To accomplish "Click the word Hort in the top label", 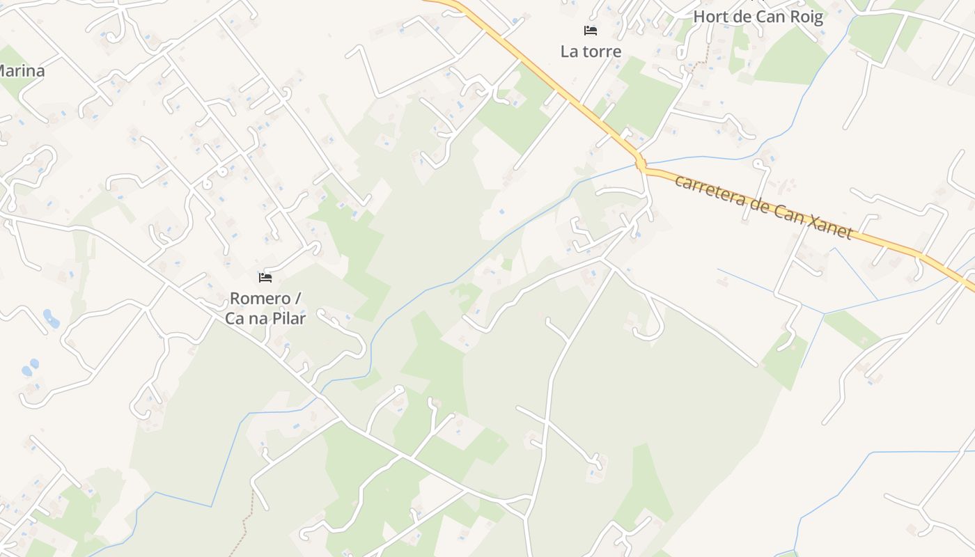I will click(x=711, y=17).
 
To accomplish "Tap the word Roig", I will click(x=804, y=17).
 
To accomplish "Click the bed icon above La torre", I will click(x=591, y=31).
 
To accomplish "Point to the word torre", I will click(x=602, y=52).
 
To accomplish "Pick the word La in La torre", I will click(x=569, y=52).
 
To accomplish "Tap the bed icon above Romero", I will click(x=265, y=278).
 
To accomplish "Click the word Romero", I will click(x=260, y=299).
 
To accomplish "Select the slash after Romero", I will click(x=298, y=299).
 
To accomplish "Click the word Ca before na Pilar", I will click(x=234, y=319).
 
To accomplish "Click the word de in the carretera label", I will click(x=755, y=203).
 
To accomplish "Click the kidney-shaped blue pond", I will click(x=51, y=318).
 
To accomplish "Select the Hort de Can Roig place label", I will click(x=758, y=17).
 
